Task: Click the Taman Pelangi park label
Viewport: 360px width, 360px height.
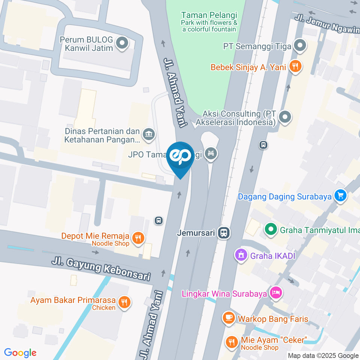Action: click(x=209, y=15)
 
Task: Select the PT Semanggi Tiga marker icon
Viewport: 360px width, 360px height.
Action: click(x=299, y=46)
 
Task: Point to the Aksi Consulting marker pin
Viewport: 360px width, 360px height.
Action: click(x=285, y=117)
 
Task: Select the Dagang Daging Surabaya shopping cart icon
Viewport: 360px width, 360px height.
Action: click(x=340, y=196)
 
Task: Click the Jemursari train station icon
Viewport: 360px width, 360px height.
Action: click(x=225, y=233)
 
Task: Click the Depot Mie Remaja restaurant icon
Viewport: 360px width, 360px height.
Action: click(x=138, y=237)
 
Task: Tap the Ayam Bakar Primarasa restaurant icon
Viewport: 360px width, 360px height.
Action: click(x=124, y=302)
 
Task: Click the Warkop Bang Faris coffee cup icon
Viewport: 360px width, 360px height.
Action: click(x=228, y=318)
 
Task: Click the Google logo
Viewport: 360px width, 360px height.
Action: click(x=20, y=352)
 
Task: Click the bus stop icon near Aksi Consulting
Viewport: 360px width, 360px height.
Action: click(x=263, y=144)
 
